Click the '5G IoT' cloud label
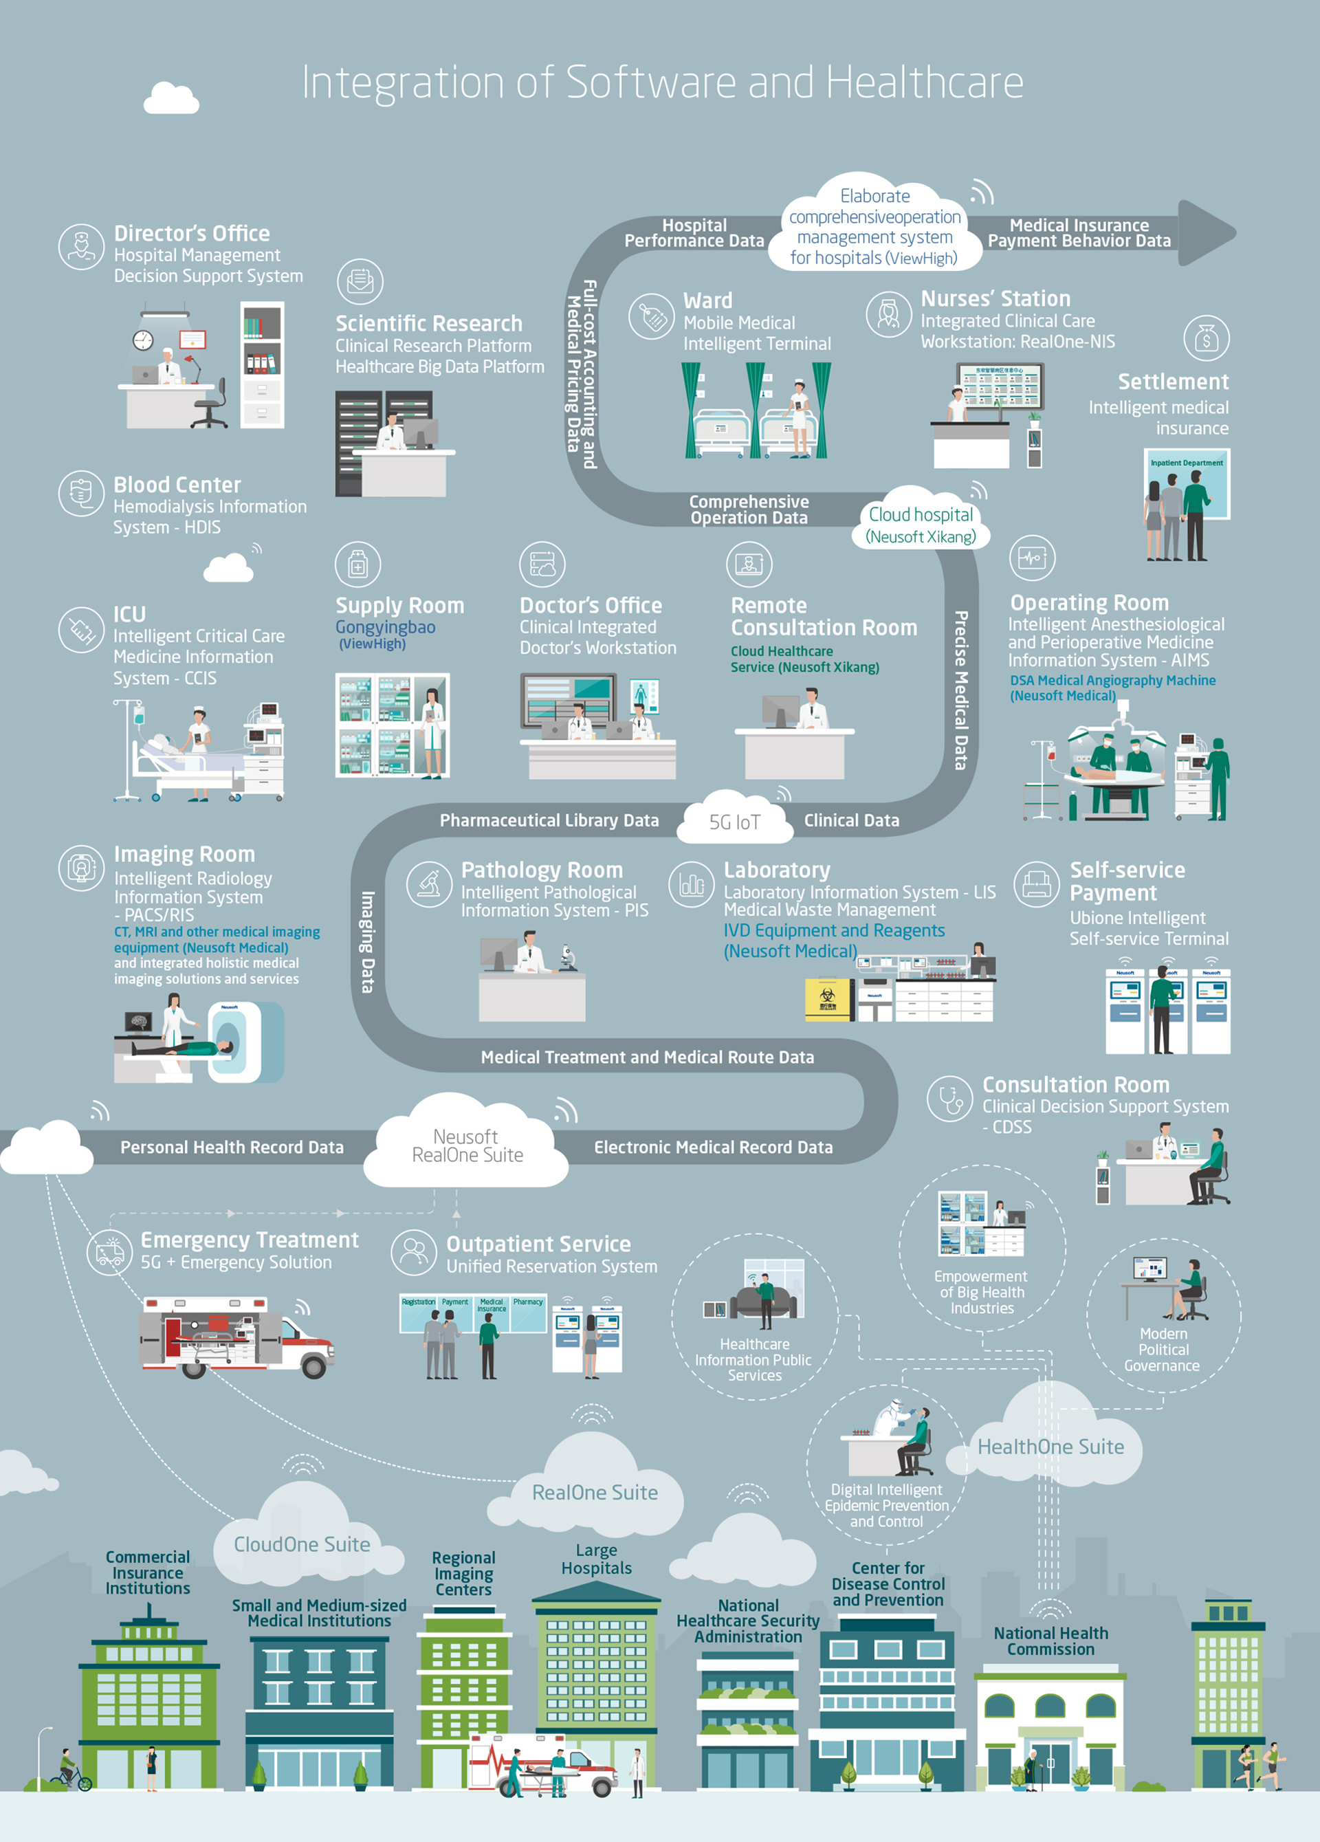[734, 822]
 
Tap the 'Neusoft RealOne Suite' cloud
[466, 1146]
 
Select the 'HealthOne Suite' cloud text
[1050, 1447]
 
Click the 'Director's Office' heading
[192, 233]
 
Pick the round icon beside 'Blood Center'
[81, 493]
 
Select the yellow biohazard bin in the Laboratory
[827, 999]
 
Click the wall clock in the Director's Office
[143, 340]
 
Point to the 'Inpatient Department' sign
[1186, 463]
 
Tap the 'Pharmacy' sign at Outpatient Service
[528, 1302]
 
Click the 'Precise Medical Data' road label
[961, 690]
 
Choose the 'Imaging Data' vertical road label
[368, 942]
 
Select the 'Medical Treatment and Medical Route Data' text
[647, 1057]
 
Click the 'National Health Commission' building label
[1050, 1641]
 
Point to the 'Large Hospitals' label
[596, 1559]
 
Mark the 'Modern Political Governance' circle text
[1163, 1349]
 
